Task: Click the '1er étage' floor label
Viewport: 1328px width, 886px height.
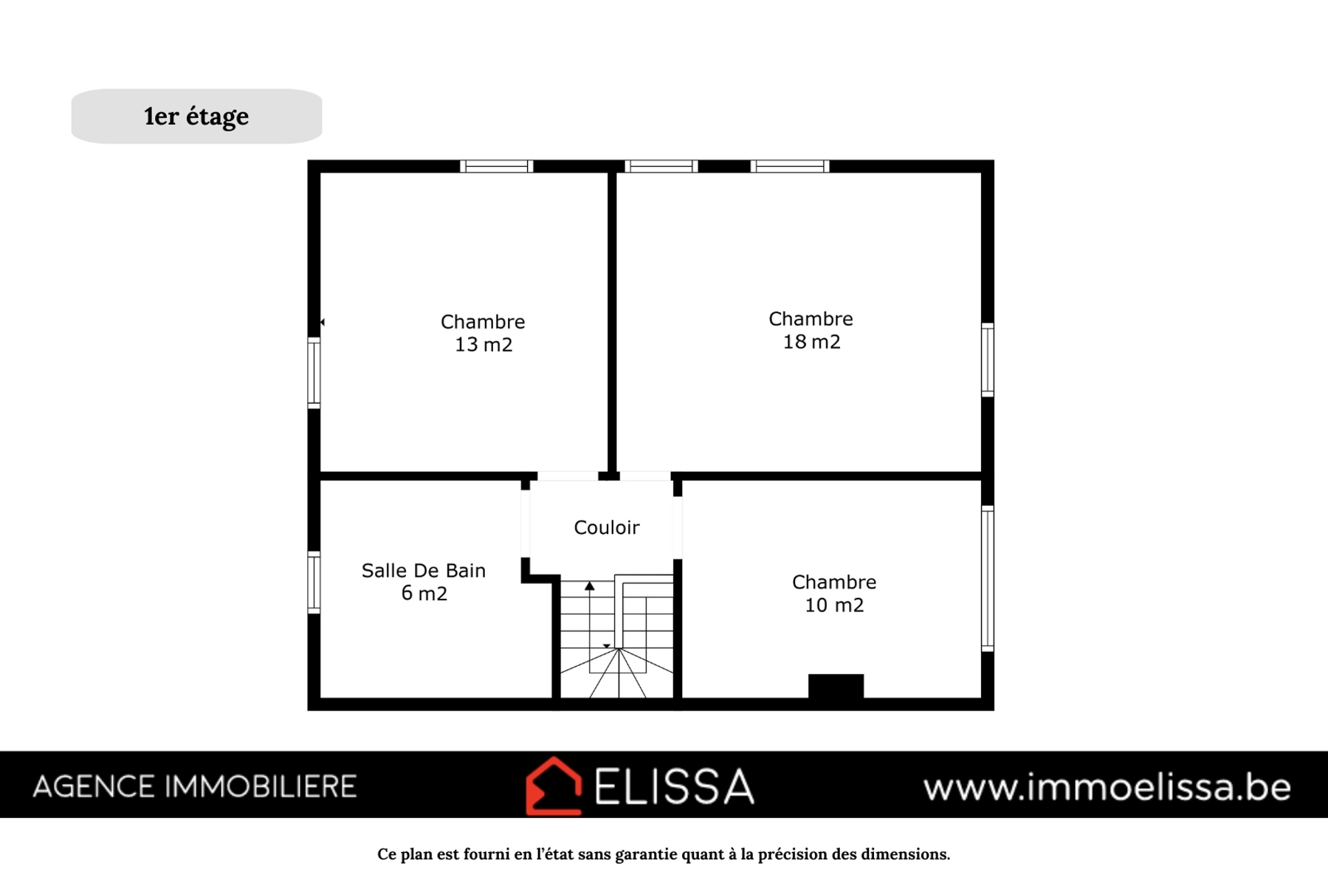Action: (x=196, y=117)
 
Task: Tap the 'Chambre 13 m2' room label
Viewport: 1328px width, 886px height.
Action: (x=483, y=333)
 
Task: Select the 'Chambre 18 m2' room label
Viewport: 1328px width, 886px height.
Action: (x=811, y=330)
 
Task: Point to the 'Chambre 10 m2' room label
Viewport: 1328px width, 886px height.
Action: (x=834, y=594)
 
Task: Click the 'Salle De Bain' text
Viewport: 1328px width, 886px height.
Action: (x=424, y=571)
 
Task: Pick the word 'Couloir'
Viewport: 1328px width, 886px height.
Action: (x=607, y=527)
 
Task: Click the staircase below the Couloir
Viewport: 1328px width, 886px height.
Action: (x=617, y=636)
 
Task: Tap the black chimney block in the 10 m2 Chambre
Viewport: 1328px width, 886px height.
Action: (x=836, y=686)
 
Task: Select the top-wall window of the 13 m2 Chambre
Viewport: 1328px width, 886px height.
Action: (x=497, y=166)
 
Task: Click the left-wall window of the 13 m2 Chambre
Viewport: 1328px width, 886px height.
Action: (x=314, y=373)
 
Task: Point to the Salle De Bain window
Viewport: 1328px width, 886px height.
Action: (x=314, y=583)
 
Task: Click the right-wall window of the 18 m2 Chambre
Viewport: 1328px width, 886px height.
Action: (x=988, y=360)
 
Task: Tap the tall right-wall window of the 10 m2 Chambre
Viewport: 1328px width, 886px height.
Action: (x=988, y=578)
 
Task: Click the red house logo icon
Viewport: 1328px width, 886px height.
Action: (x=554, y=786)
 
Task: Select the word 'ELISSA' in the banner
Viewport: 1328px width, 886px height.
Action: (x=674, y=786)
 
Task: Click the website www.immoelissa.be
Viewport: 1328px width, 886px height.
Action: (x=1107, y=787)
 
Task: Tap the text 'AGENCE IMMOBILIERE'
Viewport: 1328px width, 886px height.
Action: (x=195, y=787)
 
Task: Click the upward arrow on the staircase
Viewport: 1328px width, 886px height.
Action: (x=590, y=586)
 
